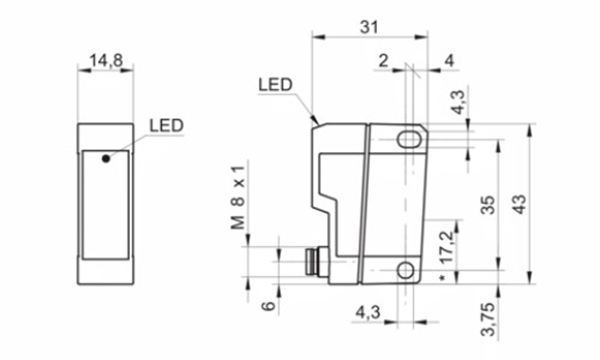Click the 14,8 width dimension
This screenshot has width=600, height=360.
click(x=105, y=62)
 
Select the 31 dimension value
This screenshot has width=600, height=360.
click(x=369, y=29)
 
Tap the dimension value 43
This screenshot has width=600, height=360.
click(x=518, y=204)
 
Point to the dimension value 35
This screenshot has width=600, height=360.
click(x=487, y=204)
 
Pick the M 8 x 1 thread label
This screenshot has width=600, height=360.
click(x=238, y=196)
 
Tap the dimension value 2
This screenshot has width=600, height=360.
click(x=383, y=61)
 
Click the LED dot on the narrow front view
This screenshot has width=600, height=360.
click(x=104, y=155)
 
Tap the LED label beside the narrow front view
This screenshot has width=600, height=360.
click(x=166, y=126)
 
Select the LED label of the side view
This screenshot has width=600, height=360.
click(x=274, y=85)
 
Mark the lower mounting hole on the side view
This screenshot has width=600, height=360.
click(x=406, y=270)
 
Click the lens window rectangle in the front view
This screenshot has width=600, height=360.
click(x=105, y=200)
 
